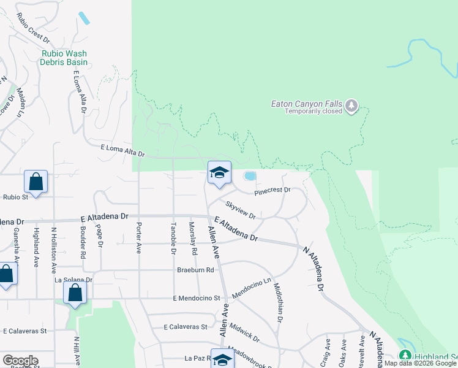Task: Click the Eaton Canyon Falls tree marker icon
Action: tap(351, 107)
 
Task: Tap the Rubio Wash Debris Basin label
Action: tap(64, 58)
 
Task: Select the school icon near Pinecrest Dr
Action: tap(219, 173)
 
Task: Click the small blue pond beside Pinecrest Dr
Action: tap(250, 177)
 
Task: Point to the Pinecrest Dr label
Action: tap(272, 190)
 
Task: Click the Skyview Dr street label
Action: tap(240, 209)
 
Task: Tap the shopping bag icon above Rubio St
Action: tap(36, 182)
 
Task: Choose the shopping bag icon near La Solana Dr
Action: tap(75, 293)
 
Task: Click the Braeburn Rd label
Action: tap(195, 269)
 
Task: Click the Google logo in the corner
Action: tap(20, 360)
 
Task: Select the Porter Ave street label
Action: tap(139, 237)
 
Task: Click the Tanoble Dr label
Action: tap(174, 239)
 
